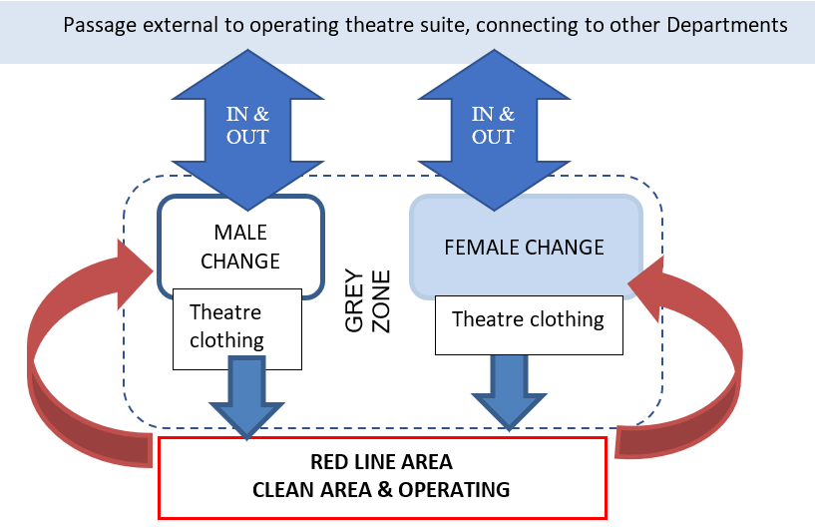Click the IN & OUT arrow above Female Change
pyautogui.click(x=492, y=125)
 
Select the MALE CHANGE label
pyautogui.click(x=240, y=247)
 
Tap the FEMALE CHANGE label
pyautogui.click(x=525, y=247)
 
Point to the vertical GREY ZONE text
pyautogui.click(x=368, y=299)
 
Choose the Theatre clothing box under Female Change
pyautogui.click(x=528, y=319)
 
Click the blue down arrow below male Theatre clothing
pyautogui.click(x=245, y=395)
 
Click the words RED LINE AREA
pyautogui.click(x=381, y=462)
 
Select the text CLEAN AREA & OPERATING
pyautogui.click(x=381, y=489)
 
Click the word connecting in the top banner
pyautogui.click(x=524, y=24)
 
